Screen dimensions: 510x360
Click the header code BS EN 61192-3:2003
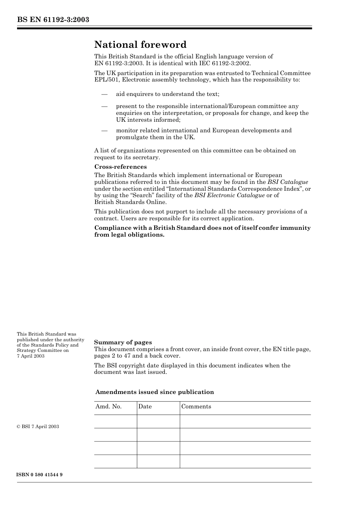tap(53, 20)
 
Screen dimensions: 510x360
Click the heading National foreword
tap(140, 45)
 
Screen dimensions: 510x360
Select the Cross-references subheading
tap(120, 167)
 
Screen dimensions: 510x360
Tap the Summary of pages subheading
tap(123, 342)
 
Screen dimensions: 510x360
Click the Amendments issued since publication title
tap(155, 392)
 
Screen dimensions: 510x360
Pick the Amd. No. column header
tap(108, 406)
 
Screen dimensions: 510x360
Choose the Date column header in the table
tap(145, 406)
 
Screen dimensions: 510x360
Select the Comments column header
tap(196, 406)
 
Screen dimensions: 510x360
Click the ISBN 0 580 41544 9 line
tap(39, 475)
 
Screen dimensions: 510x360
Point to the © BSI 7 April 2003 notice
tap(38, 427)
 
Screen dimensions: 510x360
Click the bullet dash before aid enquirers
tap(104, 94)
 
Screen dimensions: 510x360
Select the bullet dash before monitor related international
tap(104, 130)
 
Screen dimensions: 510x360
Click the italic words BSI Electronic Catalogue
tap(229, 195)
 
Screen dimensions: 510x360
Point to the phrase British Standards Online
tap(130, 202)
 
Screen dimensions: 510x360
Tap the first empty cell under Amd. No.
tap(115, 421)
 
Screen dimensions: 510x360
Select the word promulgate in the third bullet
tap(132, 137)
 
